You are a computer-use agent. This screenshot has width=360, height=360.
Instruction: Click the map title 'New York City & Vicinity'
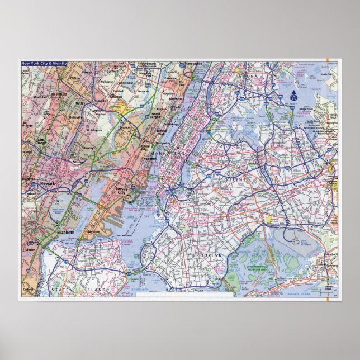point(44,64)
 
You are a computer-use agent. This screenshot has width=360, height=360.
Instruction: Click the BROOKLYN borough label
point(207,255)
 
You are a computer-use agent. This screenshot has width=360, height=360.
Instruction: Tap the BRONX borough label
point(247,74)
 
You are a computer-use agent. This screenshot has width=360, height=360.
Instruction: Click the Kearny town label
point(88,148)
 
